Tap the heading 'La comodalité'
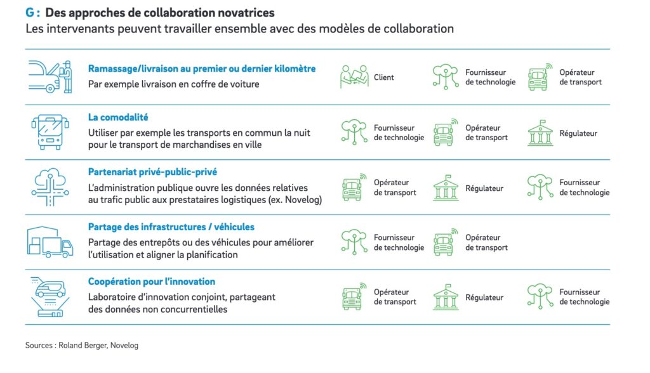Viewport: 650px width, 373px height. pyautogui.click(x=117, y=117)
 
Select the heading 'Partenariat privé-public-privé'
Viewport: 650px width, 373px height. pyautogui.click(x=152, y=172)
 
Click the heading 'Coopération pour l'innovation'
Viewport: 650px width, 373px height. pyautogui.click(x=151, y=282)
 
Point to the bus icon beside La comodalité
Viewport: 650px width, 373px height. pyautogui.click(x=50, y=132)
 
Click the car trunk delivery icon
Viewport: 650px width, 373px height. pyautogui.click(x=50, y=77)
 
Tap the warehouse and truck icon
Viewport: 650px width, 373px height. pyautogui.click(x=50, y=242)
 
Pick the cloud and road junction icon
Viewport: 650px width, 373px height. pyautogui.click(x=50, y=187)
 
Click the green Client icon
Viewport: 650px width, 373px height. pyautogui.click(x=354, y=76)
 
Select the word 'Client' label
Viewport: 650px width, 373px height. pyautogui.click(x=383, y=77)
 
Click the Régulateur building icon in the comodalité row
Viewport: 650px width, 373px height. pyautogui.click(x=540, y=133)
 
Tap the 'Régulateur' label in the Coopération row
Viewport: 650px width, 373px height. pyautogui.click(x=484, y=298)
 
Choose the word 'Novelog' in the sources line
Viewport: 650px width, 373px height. pyautogui.click(x=124, y=345)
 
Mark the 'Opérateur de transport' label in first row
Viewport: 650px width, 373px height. pyautogui.click(x=580, y=77)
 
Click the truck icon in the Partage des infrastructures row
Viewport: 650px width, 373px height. pyautogui.click(x=446, y=242)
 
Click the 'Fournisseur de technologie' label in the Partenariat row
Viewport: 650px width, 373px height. pyautogui.click(x=585, y=187)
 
